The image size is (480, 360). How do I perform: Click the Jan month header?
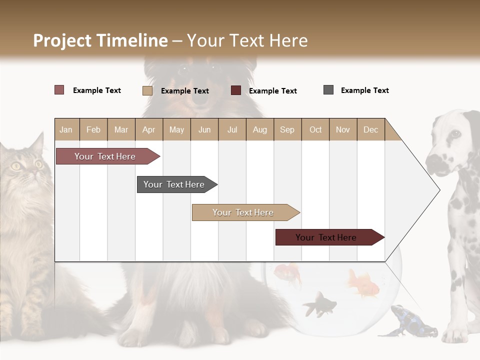(66, 129)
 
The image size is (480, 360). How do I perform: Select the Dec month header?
(370, 129)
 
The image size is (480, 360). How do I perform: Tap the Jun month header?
(204, 129)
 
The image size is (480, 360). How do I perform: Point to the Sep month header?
(287, 129)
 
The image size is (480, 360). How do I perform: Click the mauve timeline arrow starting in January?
(105, 156)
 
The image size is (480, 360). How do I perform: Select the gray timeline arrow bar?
(174, 184)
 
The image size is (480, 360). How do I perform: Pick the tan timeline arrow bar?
(243, 212)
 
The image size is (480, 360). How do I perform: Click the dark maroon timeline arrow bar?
(326, 237)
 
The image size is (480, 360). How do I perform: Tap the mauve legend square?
(59, 90)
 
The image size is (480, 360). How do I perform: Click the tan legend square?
(147, 90)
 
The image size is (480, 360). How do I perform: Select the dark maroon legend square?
(236, 90)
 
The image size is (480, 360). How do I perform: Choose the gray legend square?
(328, 90)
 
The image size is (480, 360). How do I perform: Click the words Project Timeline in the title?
(100, 40)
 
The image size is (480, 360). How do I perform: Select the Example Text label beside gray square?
(364, 90)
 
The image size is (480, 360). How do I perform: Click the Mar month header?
(121, 129)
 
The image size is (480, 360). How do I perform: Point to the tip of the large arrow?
(439, 190)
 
